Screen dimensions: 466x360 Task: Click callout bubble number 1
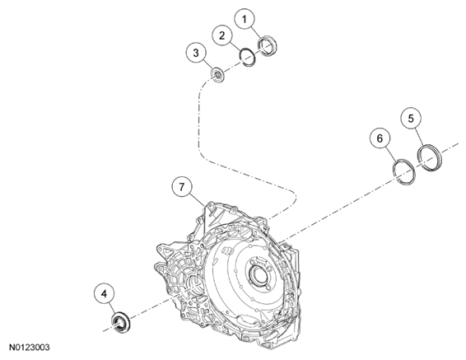(245, 19)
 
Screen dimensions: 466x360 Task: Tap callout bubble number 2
(222, 35)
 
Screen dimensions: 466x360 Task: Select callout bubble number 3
(196, 53)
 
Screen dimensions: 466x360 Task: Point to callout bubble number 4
(104, 294)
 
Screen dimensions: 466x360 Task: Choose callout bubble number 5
(411, 119)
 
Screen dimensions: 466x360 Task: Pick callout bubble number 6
(380, 138)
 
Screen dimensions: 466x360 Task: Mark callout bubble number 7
(182, 187)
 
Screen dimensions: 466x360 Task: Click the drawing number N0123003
(30, 347)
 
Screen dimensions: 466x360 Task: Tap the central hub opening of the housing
(257, 273)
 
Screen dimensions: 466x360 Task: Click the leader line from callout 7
(198, 201)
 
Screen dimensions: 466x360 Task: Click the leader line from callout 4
(111, 309)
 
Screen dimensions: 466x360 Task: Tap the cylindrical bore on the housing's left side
(194, 285)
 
